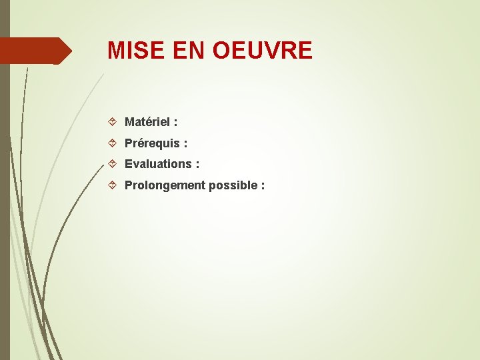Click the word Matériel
point(146,122)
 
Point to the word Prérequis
point(152,143)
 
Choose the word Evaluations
point(157,164)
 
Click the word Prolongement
point(165,185)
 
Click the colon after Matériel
point(175,123)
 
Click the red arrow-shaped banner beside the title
point(33,51)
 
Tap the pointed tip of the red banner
point(70,51)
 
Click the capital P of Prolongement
point(129,185)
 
